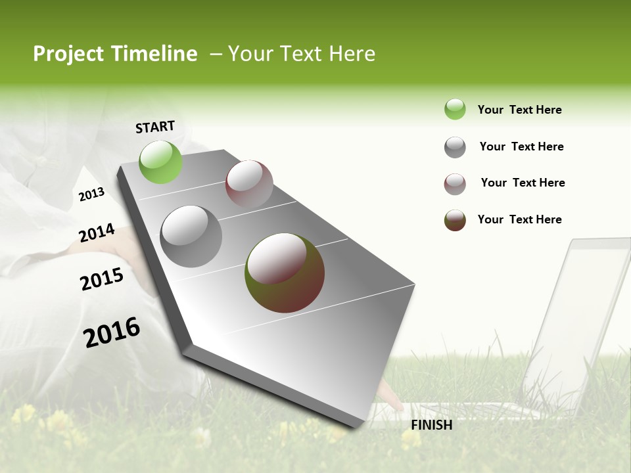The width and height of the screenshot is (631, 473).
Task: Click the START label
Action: coord(155,127)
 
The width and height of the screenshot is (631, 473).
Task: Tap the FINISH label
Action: coord(431,425)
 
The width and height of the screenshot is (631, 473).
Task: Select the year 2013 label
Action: coord(91,194)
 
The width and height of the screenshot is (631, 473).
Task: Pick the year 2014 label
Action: coord(97,233)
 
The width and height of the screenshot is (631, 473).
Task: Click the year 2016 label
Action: coord(112,332)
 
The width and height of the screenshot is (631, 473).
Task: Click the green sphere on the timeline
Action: coord(160,162)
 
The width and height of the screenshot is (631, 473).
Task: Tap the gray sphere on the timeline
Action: coord(191,236)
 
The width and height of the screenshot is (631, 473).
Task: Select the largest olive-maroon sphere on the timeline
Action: coord(285,273)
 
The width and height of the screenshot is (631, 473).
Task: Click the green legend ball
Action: coord(455,109)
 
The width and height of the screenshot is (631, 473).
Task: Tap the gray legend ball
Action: coord(455,147)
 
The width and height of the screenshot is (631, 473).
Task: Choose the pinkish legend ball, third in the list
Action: coord(455,184)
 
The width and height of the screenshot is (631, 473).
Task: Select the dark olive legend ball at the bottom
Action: coord(455,220)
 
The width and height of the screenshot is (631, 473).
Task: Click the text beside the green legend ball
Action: coord(519,110)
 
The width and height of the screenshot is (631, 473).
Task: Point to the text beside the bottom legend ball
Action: coord(519,219)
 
